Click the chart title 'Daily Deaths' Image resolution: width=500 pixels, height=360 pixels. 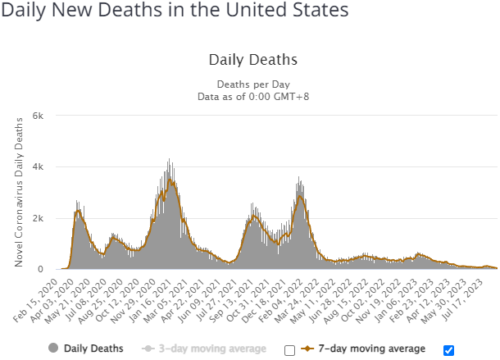tap(252, 60)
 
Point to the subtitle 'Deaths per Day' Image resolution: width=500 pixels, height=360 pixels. tap(252, 84)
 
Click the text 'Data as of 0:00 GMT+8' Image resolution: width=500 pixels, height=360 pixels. tap(252, 98)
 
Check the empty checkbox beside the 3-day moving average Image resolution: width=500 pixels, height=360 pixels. tap(289, 350)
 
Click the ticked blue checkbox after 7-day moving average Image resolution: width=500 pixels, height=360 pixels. tap(448, 350)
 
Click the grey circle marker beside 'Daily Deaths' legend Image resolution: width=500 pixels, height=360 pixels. tap(53, 349)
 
